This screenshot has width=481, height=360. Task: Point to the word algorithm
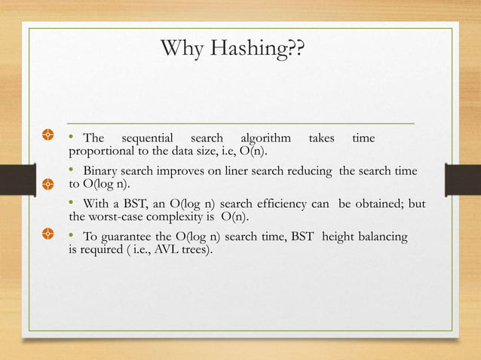point(265,139)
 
